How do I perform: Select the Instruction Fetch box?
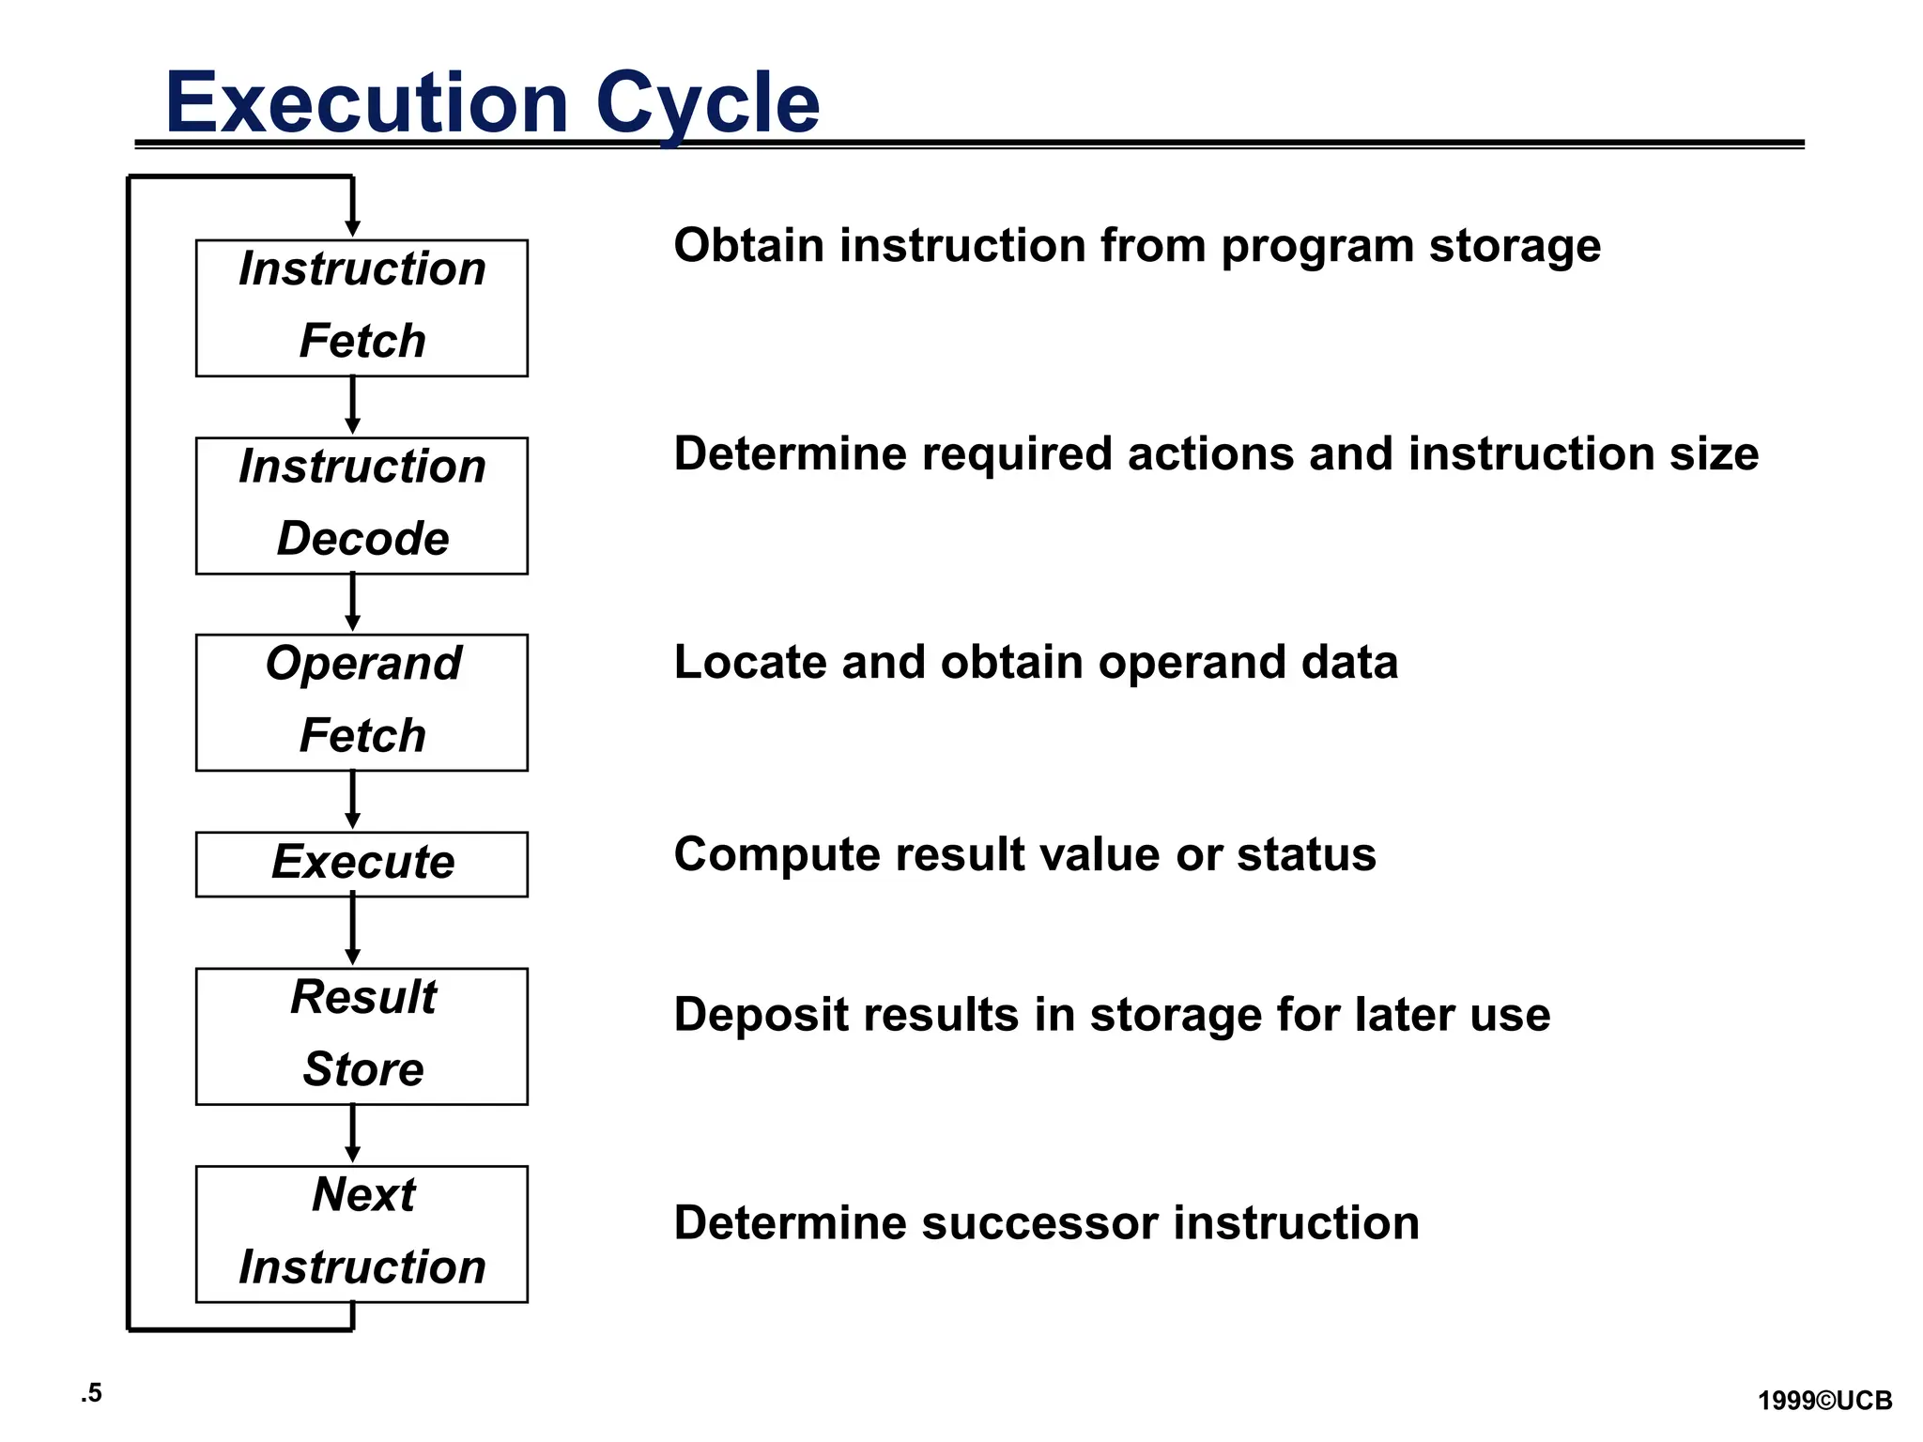(362, 308)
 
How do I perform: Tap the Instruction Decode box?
(362, 505)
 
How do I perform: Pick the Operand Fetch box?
(362, 702)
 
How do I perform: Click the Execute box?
(362, 864)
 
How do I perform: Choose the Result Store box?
(362, 1035)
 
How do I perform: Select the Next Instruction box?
(362, 1234)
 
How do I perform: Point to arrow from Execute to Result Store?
(352, 929)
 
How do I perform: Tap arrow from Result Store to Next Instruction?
(352, 1133)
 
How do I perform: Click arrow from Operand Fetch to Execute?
(352, 800)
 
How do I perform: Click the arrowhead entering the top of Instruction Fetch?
(352, 228)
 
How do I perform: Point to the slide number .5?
(91, 1393)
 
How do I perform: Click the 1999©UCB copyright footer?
(1824, 1401)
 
